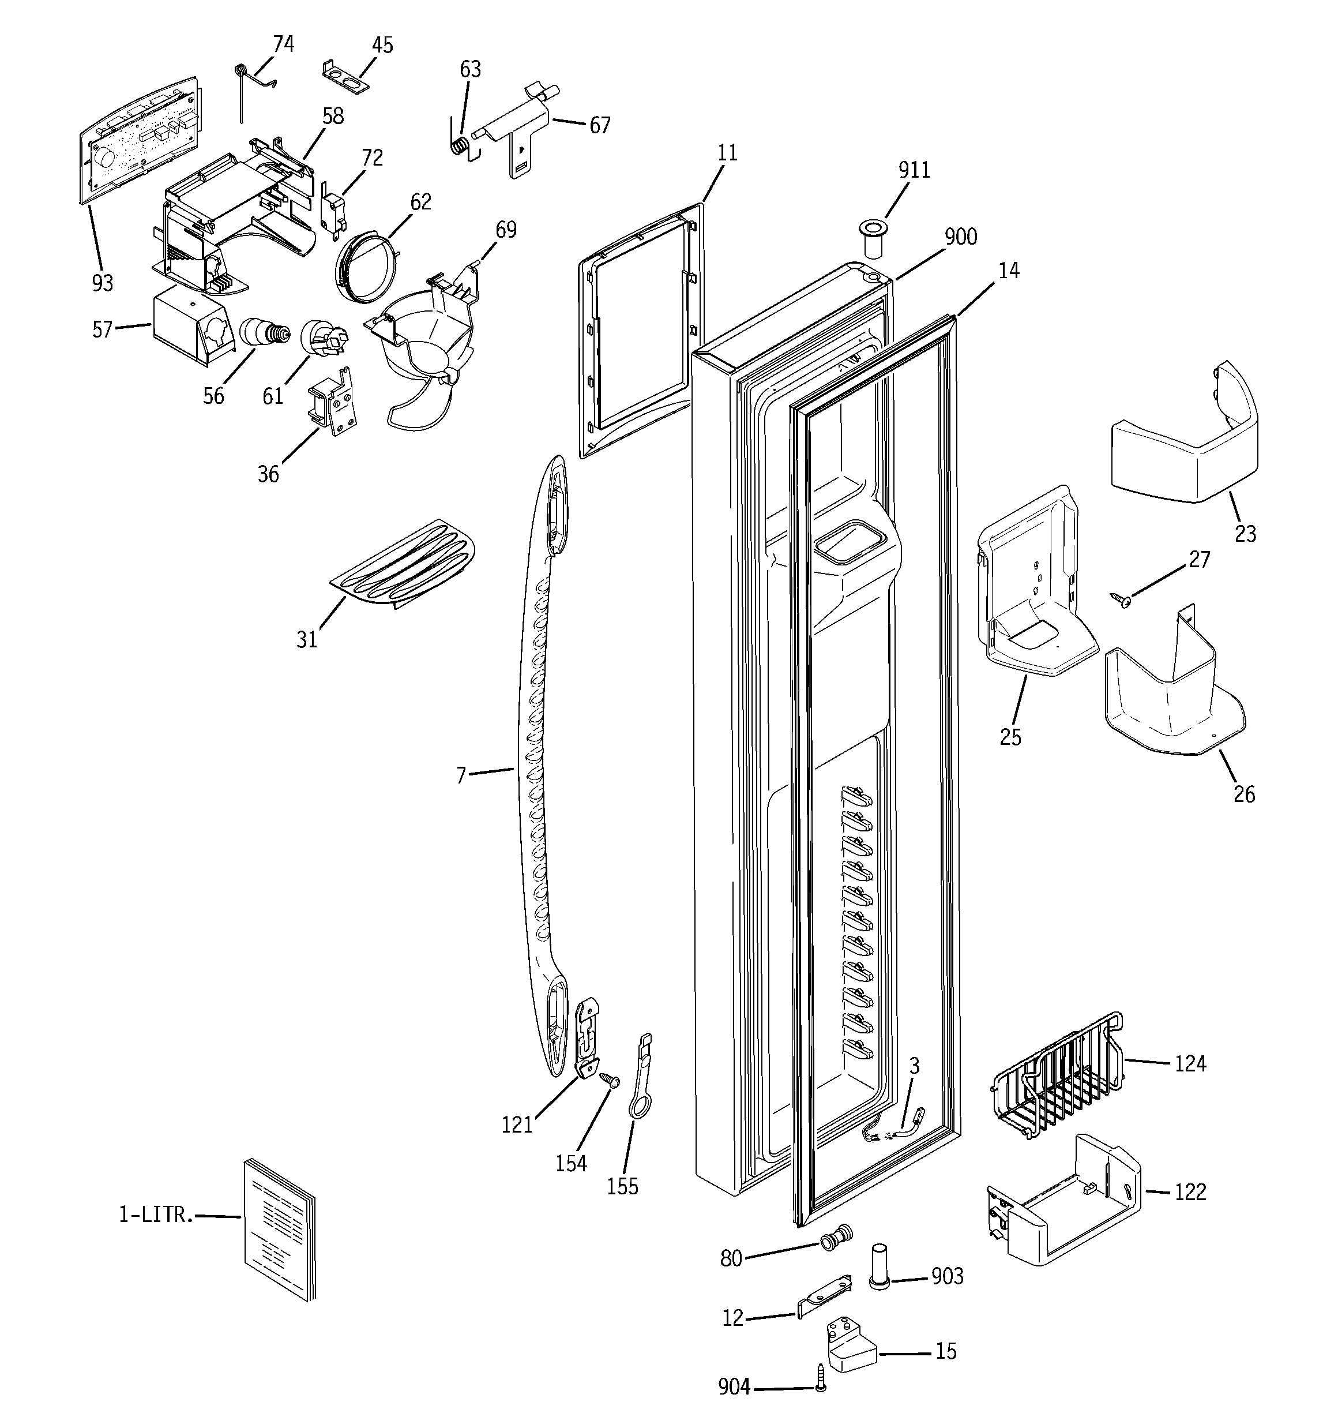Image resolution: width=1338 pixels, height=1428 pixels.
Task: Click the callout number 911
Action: coord(914,170)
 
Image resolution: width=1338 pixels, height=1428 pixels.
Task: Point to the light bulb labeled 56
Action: coord(262,332)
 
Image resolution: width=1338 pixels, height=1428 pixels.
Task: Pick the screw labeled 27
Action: coord(1121,598)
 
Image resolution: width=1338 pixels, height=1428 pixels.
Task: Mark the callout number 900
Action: coord(960,237)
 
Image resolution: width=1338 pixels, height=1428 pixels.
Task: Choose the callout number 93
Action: coord(103,283)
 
